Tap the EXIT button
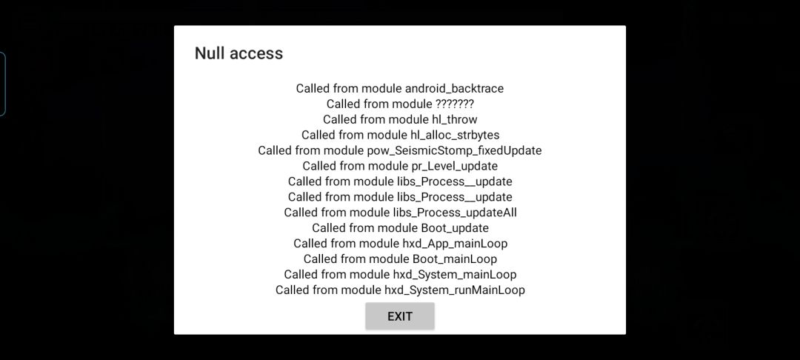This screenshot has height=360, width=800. click(x=399, y=316)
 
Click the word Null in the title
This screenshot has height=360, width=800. click(x=208, y=53)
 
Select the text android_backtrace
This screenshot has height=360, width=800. click(x=454, y=89)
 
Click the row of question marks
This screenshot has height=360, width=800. click(x=455, y=104)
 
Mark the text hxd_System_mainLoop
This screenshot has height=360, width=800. click(x=455, y=275)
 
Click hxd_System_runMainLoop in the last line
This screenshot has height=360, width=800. click(x=455, y=290)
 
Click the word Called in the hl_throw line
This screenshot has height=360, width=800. click(x=339, y=120)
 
